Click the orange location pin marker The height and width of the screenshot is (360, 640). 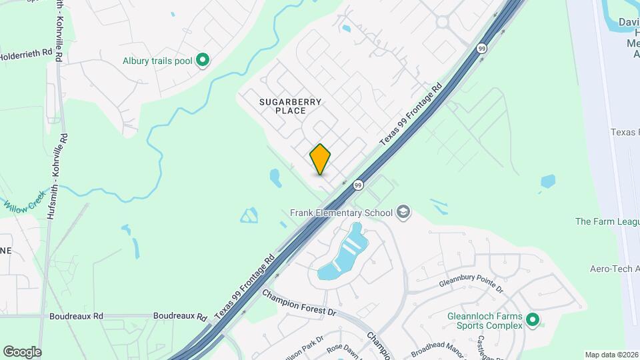point(321,159)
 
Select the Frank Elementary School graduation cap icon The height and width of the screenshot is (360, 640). point(403,213)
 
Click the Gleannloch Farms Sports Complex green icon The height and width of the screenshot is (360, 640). point(532,321)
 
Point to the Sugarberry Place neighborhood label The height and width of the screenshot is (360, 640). point(291,106)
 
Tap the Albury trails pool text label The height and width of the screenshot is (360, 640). point(157,61)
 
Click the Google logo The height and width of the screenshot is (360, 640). point(22,351)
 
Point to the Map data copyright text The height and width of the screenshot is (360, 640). point(611,355)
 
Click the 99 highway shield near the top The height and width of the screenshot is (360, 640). point(481,48)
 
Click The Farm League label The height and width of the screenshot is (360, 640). point(607,221)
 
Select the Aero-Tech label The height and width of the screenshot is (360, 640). point(614,269)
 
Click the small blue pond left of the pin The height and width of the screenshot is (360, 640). point(275,177)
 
